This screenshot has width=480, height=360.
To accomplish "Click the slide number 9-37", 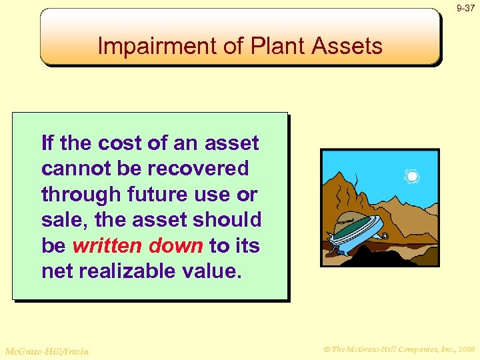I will pyautogui.click(x=465, y=9).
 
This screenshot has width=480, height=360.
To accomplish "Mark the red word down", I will pyautogui.click(x=175, y=245).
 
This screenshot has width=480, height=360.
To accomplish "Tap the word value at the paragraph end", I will pyautogui.click(x=209, y=271).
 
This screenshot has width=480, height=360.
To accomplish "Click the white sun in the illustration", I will pyautogui.click(x=412, y=176).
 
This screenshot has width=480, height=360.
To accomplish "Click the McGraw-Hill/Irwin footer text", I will pyautogui.click(x=46, y=350).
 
